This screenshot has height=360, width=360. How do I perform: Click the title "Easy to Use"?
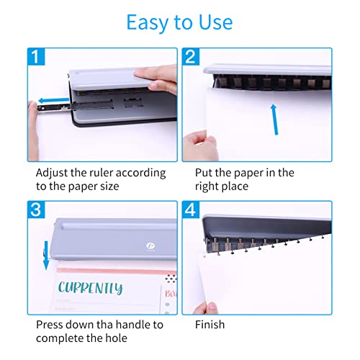(179, 22)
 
